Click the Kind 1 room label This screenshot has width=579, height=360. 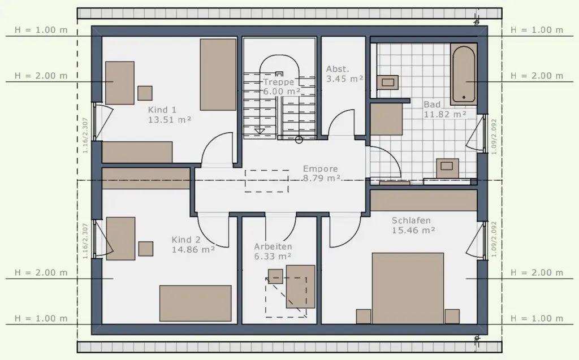click(162, 110)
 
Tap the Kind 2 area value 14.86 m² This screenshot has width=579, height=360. click(193, 250)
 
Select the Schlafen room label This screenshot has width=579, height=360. click(411, 220)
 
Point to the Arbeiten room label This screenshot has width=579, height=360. click(273, 246)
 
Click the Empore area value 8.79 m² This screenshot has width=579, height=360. click(322, 179)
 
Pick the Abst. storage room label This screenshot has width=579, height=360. click(338, 69)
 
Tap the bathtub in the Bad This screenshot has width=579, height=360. click(464, 74)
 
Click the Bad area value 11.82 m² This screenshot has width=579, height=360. click(444, 115)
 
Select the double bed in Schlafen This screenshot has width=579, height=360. click(408, 288)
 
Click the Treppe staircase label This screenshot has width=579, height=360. click(278, 82)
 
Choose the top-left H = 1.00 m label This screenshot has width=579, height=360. click(41, 30)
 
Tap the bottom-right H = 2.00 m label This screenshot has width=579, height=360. click(537, 272)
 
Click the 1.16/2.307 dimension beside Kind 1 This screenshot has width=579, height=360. click(85, 136)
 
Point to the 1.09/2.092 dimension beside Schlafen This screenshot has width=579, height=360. click(494, 239)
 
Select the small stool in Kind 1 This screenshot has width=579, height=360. click(145, 93)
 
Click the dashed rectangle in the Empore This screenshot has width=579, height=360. click(267, 181)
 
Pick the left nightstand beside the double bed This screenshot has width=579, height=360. click(364, 316)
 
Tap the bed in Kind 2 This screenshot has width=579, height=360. click(195, 303)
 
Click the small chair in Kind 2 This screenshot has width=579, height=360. click(146, 249)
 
